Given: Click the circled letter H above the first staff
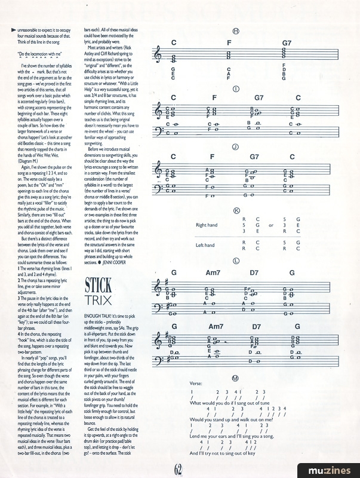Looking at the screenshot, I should point(236,32).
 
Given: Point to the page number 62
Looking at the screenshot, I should point(180,468).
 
